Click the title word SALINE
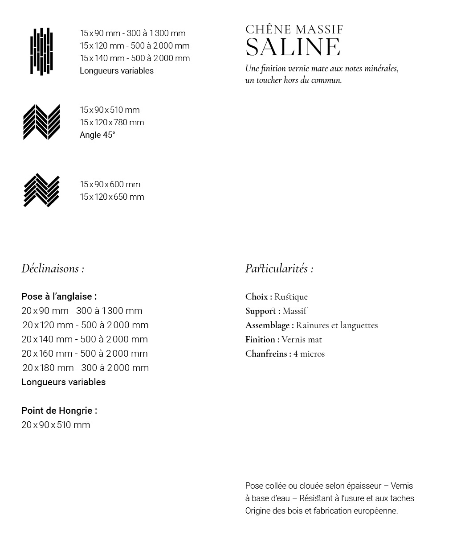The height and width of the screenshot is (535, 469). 293,47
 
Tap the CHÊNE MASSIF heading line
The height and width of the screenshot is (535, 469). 294,30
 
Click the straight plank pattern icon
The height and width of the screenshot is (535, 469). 41,52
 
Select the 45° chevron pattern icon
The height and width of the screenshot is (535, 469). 41,122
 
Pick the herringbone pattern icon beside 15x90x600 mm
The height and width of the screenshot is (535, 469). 41,190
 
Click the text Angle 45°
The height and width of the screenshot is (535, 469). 98,135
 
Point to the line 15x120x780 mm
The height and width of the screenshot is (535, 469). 112,123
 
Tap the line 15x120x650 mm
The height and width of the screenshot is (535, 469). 112,197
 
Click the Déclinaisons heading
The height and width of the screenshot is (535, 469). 53,268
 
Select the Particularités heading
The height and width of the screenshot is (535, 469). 279,268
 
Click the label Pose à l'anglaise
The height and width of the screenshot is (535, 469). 59,296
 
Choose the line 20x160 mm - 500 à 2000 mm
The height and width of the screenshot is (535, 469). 85,354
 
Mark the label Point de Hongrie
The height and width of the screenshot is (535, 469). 59,411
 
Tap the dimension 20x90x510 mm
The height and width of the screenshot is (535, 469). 56,425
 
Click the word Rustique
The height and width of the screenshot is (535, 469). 291,297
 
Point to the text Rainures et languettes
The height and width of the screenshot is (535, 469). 337,325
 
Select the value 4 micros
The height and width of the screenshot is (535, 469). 309,354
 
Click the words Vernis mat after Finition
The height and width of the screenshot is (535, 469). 302,340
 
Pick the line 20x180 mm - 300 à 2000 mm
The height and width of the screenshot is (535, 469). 86,368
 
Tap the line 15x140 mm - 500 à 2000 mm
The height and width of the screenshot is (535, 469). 135,58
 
